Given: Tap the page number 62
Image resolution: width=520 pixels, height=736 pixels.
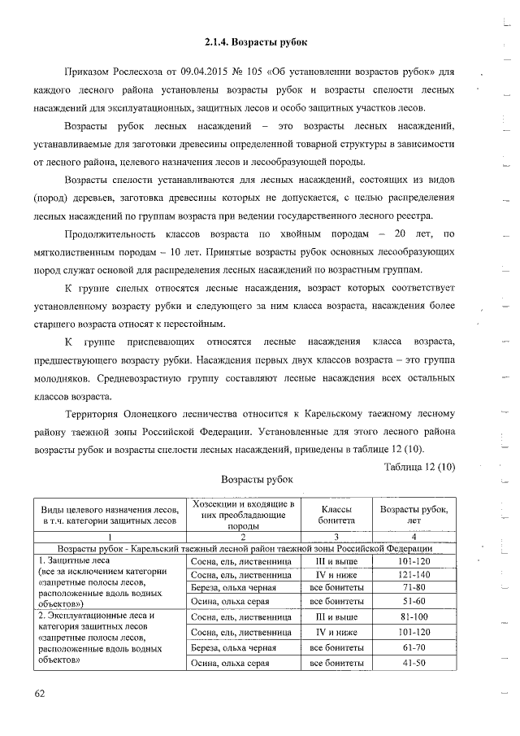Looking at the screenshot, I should tap(40, 693).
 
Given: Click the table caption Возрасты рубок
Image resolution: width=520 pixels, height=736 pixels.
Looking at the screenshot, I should tap(257, 480).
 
